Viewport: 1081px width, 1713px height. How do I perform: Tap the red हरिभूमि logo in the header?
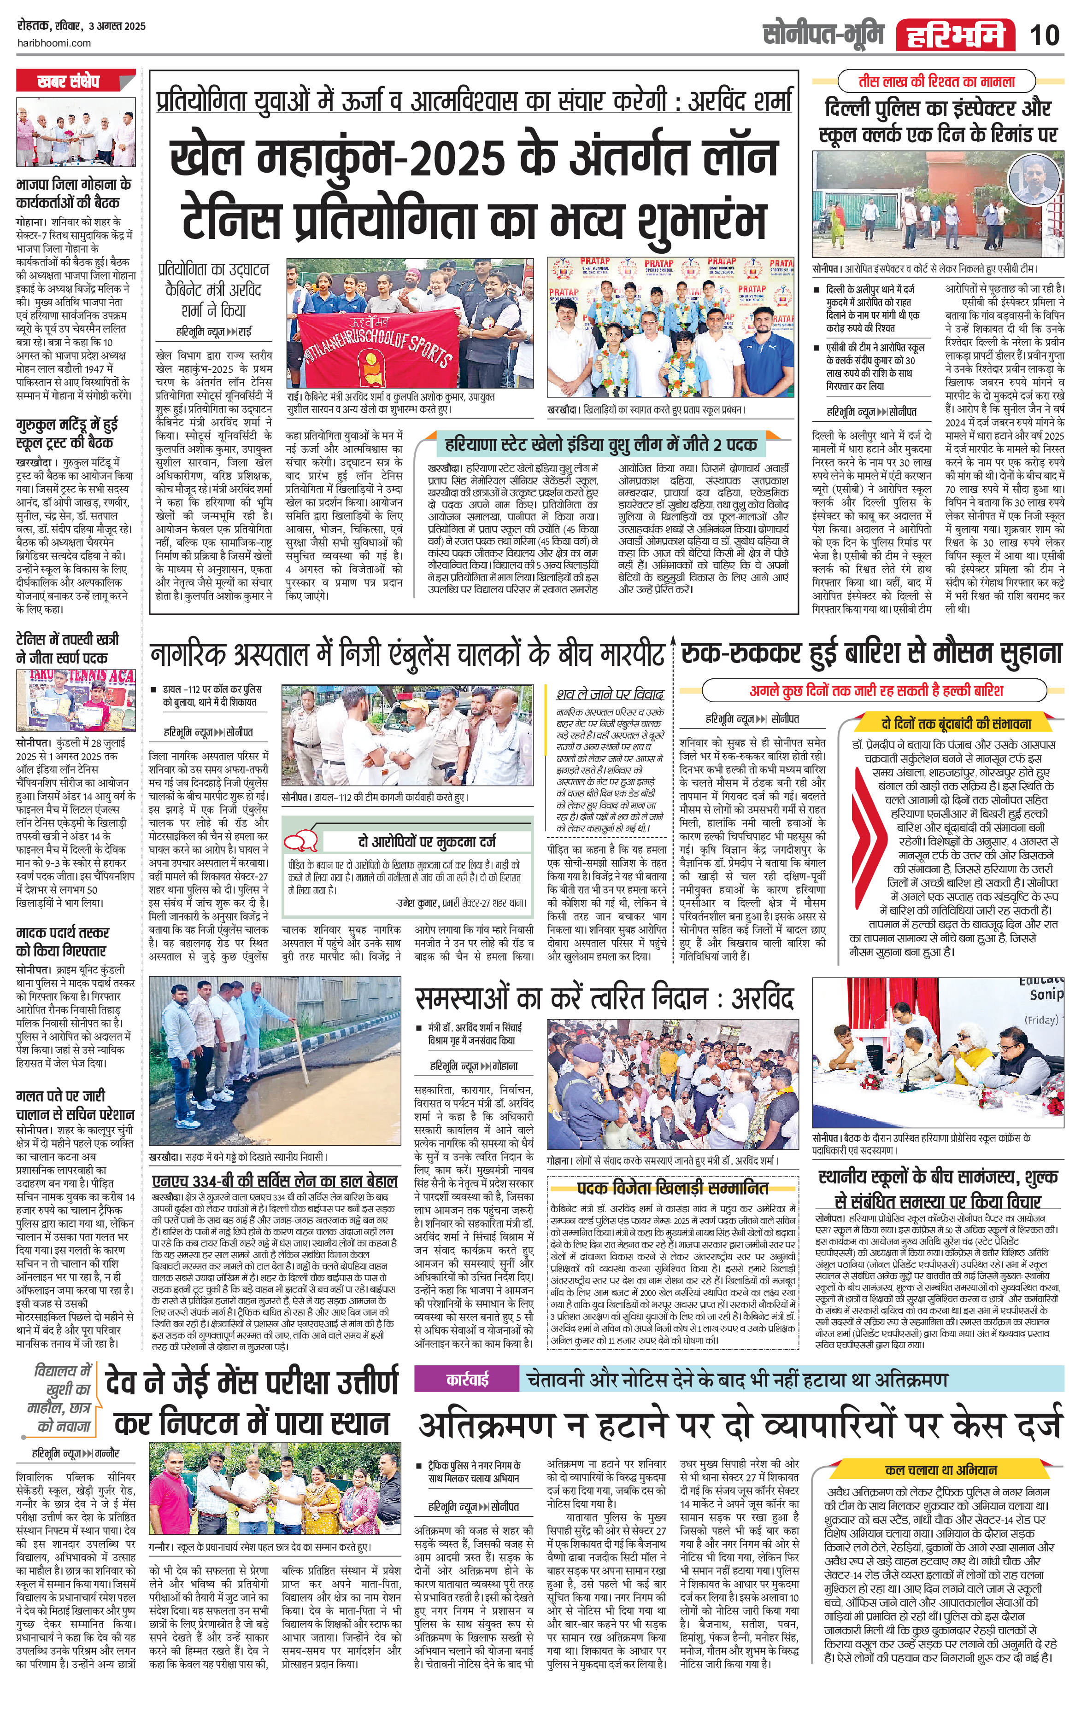(954, 35)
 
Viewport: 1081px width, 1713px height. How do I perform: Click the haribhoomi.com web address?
(53, 43)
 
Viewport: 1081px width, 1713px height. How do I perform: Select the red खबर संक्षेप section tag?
(70, 82)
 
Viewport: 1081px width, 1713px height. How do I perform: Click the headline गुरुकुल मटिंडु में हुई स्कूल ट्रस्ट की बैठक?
(67, 433)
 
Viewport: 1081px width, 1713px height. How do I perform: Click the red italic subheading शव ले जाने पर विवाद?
(610, 693)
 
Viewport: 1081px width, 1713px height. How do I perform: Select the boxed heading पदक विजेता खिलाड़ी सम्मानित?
(672, 1187)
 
